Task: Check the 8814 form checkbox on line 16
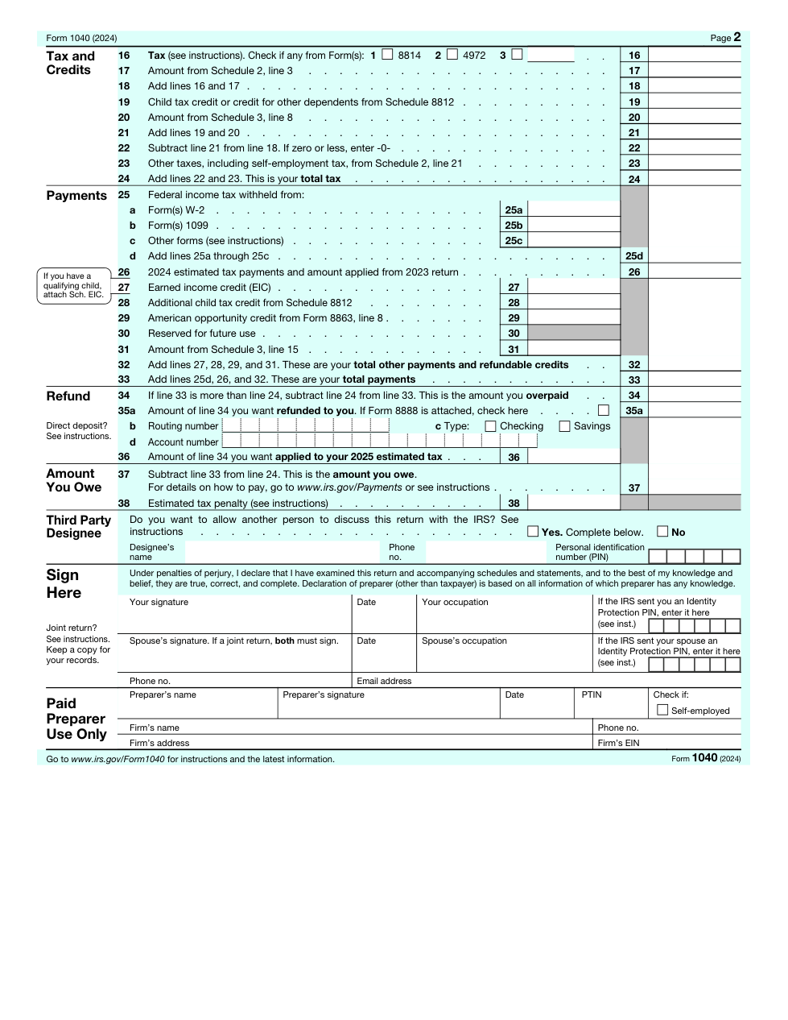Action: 387,55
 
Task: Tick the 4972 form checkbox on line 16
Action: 452,55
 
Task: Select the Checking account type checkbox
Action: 490,426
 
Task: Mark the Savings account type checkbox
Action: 564,426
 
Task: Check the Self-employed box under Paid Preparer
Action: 662,710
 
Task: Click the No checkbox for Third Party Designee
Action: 662,532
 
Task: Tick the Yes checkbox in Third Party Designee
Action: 533,532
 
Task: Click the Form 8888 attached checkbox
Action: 604,410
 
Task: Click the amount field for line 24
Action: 694,179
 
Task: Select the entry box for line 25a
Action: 574,210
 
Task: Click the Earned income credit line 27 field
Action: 574,288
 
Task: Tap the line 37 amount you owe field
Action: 694,487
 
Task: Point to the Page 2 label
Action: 725,37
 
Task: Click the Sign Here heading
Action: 64,583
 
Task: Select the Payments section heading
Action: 76,196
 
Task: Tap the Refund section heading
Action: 68,396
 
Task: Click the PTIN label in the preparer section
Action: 592,695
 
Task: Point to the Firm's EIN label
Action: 618,743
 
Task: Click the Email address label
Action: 384,681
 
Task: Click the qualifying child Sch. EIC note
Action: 73,285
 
